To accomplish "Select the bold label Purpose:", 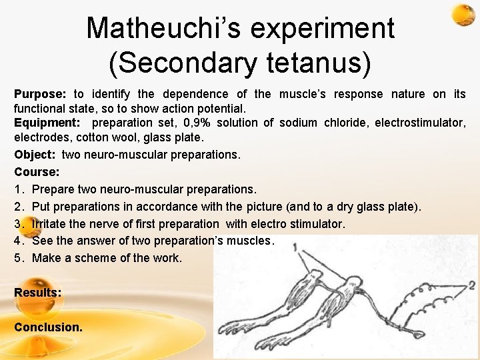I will tap(40, 94).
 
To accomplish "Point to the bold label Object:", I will tap(35, 155).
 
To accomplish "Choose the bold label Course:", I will tap(37, 172).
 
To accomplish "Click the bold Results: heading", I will tap(38, 293).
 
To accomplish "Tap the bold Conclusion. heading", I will tap(49, 327).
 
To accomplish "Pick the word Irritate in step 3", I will tap(51, 224).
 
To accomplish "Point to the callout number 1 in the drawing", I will tap(294, 247).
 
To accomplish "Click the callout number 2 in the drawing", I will tap(471, 285).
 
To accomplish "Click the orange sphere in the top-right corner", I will tap(462, 15).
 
